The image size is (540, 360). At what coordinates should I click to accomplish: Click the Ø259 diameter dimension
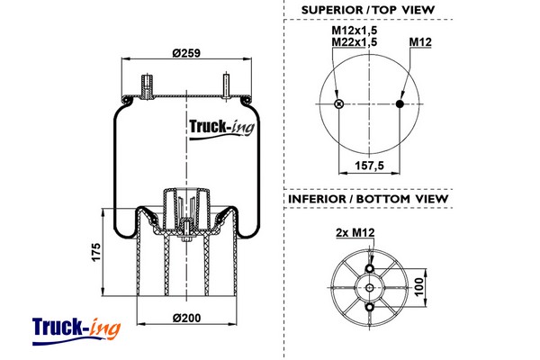(185, 52)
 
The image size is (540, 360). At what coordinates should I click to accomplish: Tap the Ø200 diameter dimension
(184, 317)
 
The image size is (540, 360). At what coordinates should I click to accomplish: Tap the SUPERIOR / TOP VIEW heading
(368, 10)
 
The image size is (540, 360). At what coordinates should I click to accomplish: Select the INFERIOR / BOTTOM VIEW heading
(368, 199)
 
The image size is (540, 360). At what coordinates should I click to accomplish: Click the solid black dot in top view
(401, 104)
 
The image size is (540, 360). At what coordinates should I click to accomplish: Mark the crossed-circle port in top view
(338, 104)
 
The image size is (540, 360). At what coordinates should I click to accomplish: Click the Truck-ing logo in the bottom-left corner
(76, 327)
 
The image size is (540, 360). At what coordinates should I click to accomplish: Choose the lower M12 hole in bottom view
(369, 309)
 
